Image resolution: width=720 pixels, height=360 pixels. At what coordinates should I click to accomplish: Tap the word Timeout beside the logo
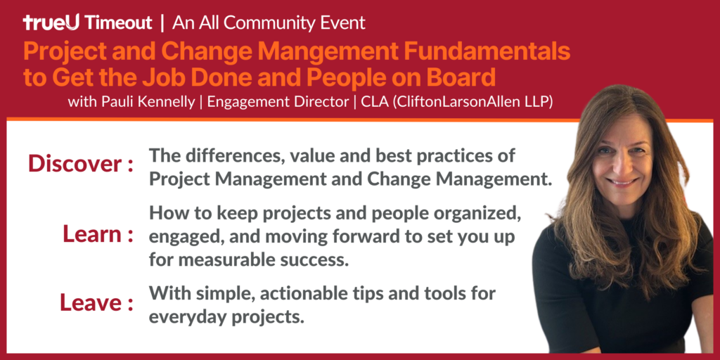tap(118, 22)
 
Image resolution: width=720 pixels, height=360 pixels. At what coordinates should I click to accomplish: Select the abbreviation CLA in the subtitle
tap(373, 101)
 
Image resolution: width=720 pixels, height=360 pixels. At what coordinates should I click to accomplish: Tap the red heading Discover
tap(75, 164)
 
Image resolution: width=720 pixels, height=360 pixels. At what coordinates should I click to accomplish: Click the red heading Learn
tap(92, 234)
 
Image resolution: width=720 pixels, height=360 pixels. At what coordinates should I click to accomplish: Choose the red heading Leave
tap(89, 302)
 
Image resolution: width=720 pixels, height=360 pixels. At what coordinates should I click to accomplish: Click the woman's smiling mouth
tap(623, 182)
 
